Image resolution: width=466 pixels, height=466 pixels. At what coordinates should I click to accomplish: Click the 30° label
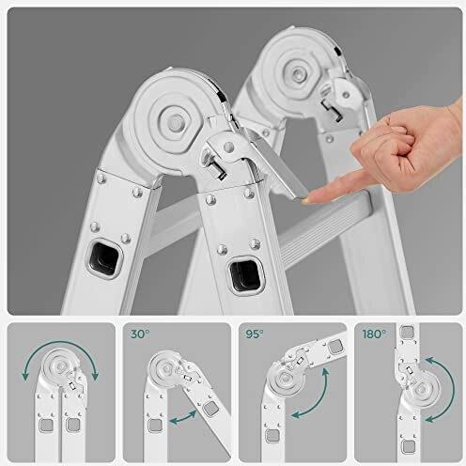140,334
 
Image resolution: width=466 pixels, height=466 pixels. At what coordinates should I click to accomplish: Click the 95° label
255,334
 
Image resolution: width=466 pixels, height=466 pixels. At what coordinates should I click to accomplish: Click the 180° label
374,334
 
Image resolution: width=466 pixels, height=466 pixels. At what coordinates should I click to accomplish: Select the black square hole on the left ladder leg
104,258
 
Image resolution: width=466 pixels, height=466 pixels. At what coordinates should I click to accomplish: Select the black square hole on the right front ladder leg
245,275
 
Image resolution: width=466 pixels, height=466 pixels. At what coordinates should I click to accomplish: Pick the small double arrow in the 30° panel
182,418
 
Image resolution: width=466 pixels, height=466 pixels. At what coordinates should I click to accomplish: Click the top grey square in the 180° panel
408,332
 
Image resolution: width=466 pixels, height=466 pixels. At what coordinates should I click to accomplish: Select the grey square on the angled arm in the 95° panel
335,347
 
